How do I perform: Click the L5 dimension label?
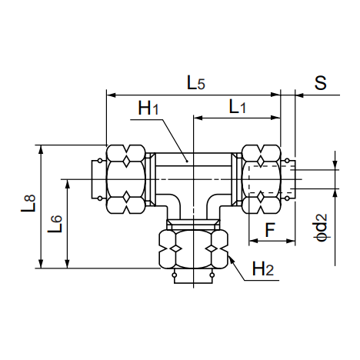(x=196, y=83)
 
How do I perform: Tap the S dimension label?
(x=320, y=82)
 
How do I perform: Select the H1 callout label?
(x=148, y=108)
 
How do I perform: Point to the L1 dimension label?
(x=238, y=107)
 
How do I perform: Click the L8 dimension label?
(x=28, y=204)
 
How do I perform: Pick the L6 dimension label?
(x=55, y=224)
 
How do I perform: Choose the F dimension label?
(x=270, y=230)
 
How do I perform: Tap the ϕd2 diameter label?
(x=321, y=227)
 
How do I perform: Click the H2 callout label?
(x=263, y=268)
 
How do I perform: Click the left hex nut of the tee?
(x=126, y=179)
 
